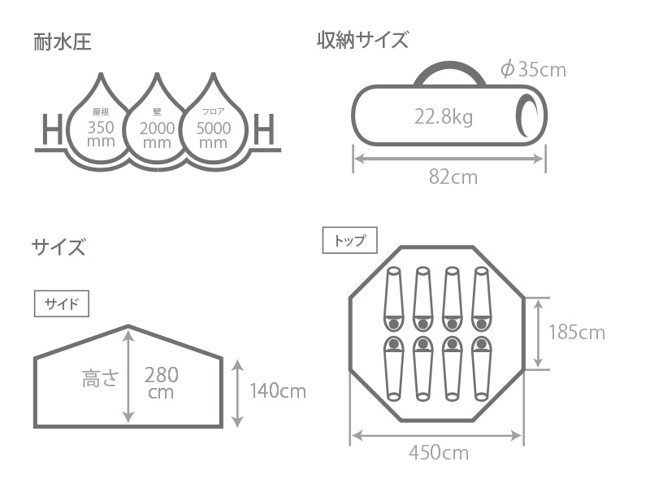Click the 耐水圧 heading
click(x=63, y=42)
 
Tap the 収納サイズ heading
click(x=362, y=40)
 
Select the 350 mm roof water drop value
click(x=101, y=133)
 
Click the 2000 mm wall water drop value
click(x=157, y=135)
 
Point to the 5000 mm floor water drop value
click(x=214, y=135)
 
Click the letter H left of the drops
click(x=53, y=129)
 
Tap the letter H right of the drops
click(x=264, y=129)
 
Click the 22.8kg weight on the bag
click(x=444, y=116)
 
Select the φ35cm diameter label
click(x=533, y=69)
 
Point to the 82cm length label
click(x=453, y=177)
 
